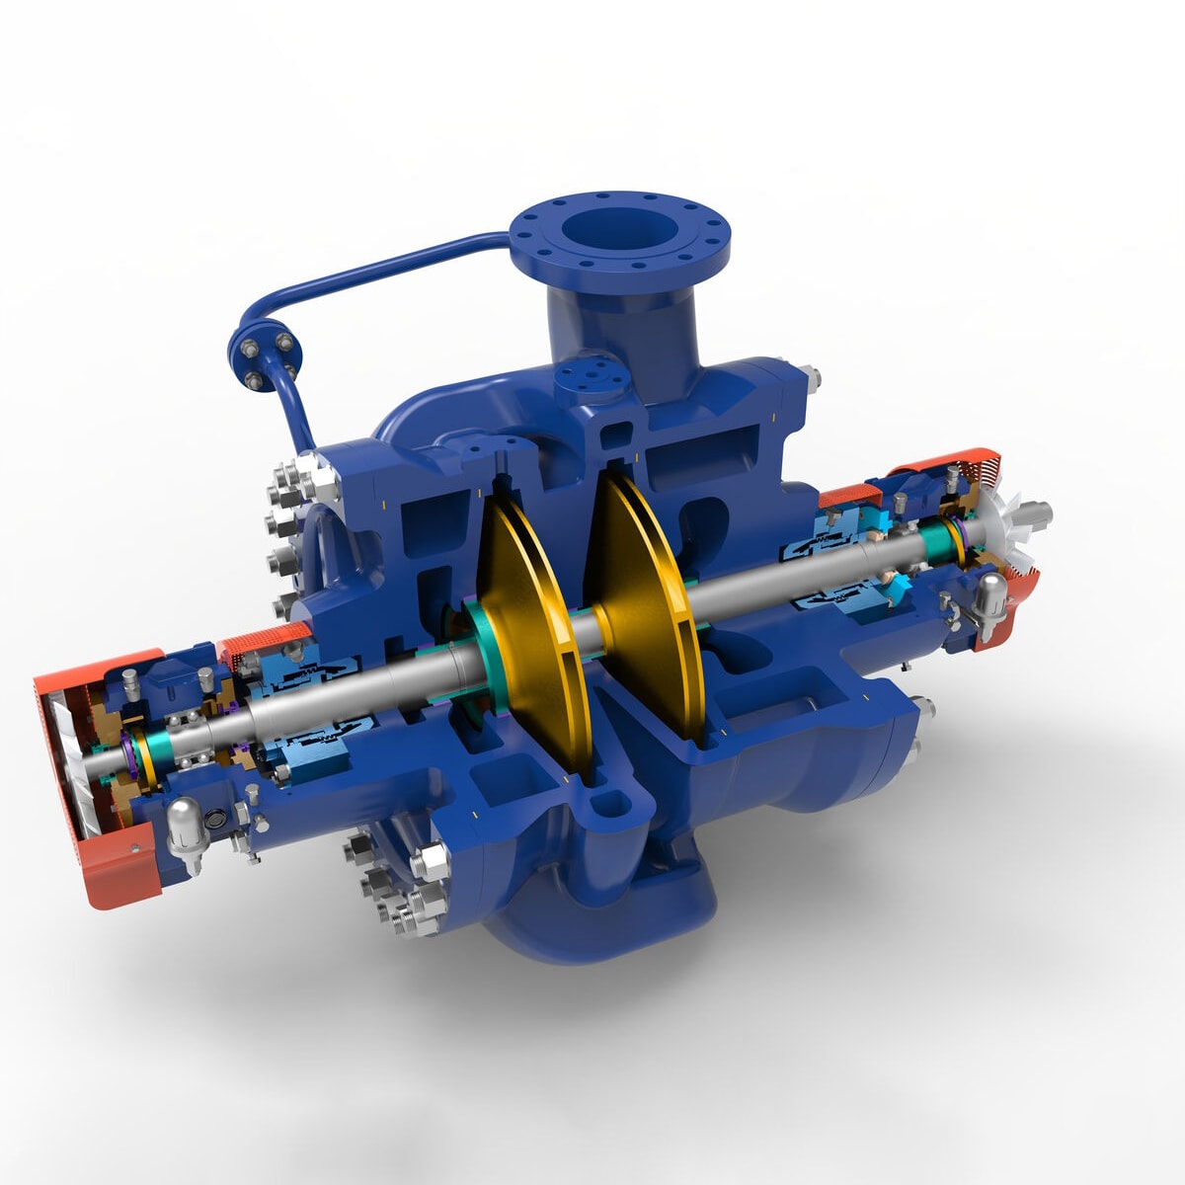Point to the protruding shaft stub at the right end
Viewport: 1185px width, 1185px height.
tap(1032, 513)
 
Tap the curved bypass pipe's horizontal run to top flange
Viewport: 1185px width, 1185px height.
tap(395, 259)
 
